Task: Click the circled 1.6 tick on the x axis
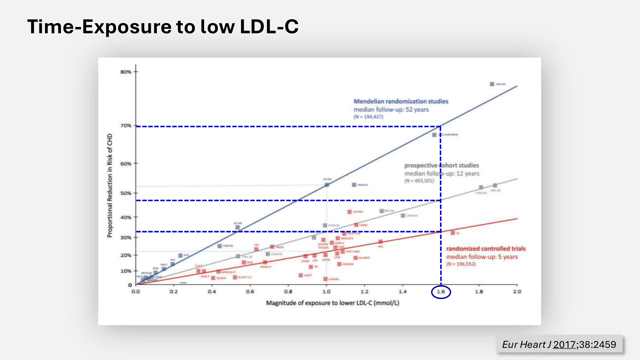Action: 441,292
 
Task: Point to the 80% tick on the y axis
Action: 126,72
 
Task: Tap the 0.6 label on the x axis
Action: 250,292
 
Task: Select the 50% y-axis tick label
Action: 126,193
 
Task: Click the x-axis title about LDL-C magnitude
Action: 332,303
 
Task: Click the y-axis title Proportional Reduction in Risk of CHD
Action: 110,186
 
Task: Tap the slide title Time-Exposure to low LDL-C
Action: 163,26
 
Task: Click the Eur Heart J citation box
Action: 559,344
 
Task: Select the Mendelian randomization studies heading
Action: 401,101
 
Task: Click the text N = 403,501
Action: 419,181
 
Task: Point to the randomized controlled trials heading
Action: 486,249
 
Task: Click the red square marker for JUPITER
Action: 349,212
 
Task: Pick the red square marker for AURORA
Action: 325,279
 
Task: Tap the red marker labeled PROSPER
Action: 339,264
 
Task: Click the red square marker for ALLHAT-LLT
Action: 235,277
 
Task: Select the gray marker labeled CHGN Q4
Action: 403,216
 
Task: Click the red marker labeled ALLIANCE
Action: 356,258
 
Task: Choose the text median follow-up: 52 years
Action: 391,109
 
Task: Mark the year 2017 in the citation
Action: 564,344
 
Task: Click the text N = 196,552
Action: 461,264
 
